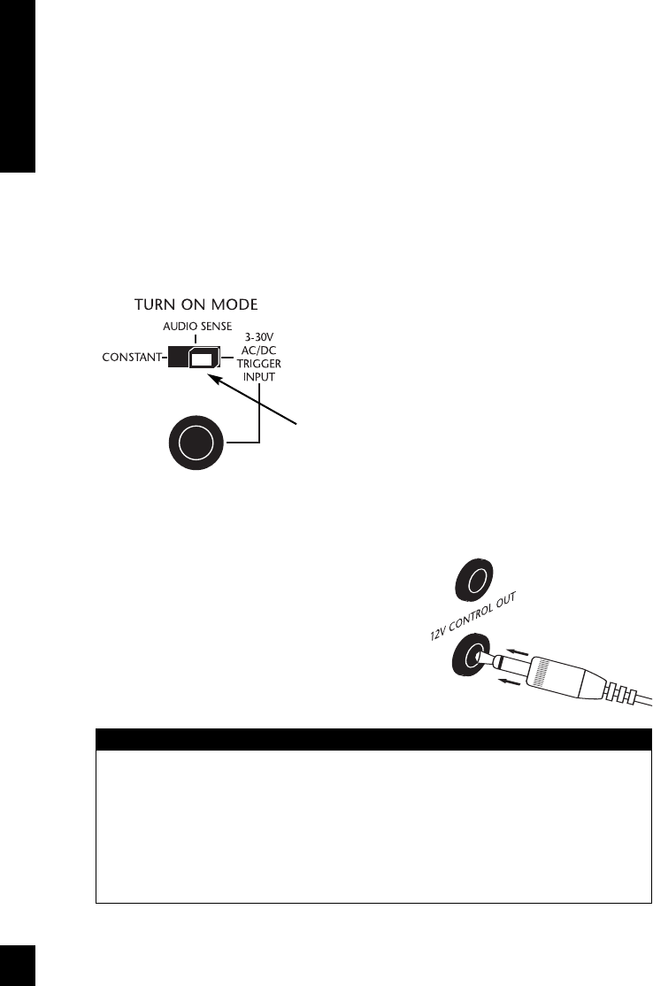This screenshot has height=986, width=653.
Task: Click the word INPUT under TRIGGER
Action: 259,377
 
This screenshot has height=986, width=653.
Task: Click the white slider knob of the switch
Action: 204,359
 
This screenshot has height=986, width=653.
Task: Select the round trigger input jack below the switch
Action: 196,443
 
